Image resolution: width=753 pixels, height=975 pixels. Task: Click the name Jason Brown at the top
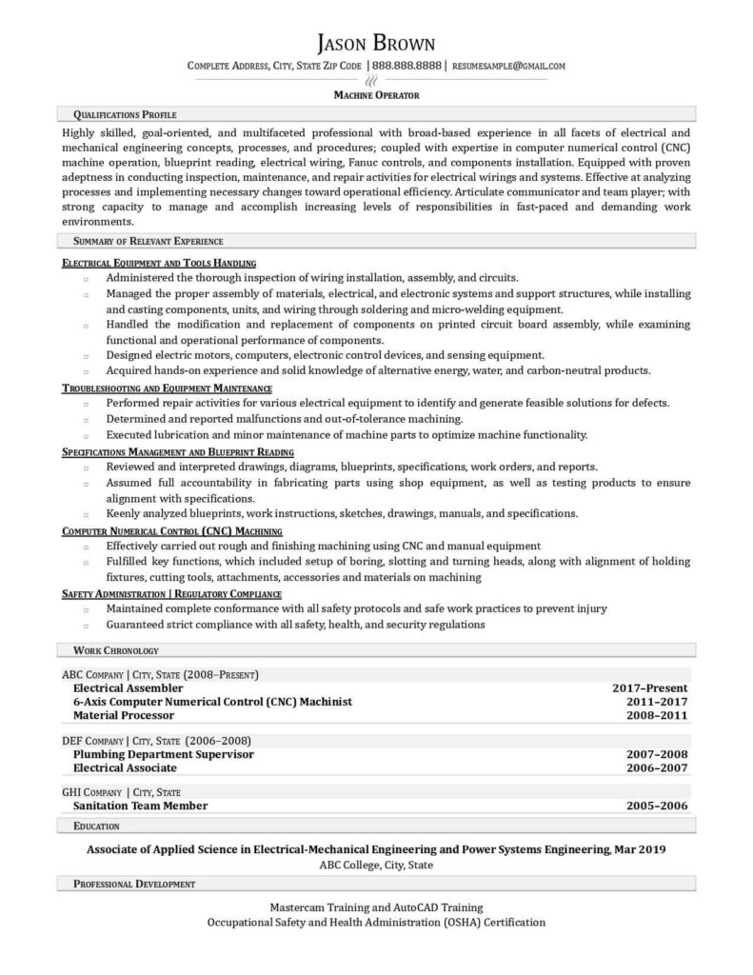[376, 43]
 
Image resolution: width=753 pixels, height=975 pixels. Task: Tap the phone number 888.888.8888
[406, 67]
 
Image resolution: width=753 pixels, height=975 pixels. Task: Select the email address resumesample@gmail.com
[509, 67]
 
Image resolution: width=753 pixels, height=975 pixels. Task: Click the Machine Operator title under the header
[376, 95]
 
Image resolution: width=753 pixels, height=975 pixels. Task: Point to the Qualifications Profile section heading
[124, 114]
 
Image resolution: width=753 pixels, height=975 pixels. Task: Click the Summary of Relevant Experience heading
[148, 241]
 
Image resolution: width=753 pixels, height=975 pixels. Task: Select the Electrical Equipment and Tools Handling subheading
[159, 262]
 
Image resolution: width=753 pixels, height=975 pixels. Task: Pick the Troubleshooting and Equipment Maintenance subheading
[168, 388]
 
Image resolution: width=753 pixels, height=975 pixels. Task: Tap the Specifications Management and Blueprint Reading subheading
[178, 451]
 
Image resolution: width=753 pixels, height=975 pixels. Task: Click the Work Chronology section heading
[115, 650]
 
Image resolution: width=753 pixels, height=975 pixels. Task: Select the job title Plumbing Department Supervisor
[163, 754]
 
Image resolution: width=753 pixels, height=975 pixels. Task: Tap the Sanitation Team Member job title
[140, 806]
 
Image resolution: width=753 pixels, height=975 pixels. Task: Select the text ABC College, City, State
[376, 866]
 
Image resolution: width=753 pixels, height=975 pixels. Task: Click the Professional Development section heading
[133, 885]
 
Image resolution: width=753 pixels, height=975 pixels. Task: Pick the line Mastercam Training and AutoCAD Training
[376, 907]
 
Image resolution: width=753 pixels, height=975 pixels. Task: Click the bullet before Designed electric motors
[86, 355]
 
